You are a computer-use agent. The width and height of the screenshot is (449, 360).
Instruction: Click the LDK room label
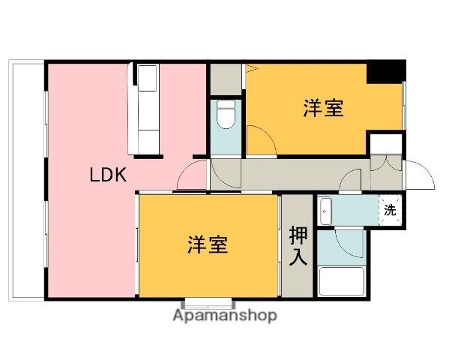coord(108,175)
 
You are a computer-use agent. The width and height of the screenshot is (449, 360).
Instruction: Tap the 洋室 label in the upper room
coord(323,109)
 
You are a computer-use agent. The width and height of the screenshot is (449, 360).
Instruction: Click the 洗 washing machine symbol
coord(390,210)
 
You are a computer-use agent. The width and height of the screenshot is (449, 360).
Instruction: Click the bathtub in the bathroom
coord(341,282)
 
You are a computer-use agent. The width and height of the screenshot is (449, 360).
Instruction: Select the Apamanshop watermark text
coord(225,316)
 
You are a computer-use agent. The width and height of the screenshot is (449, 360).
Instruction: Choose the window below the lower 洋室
coord(207,304)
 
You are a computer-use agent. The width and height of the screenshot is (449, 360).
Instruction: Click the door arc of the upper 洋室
coord(259,140)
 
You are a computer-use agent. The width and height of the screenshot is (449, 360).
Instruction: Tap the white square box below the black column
coord(385,142)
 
